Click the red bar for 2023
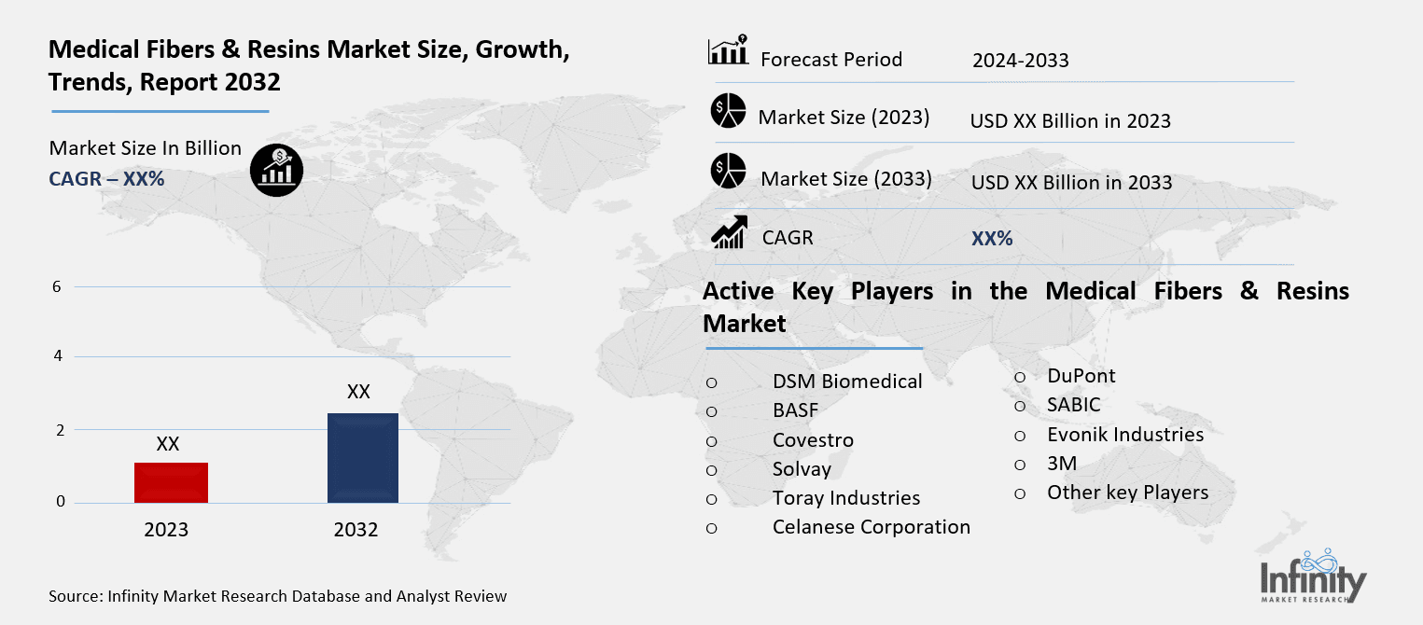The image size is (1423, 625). point(171,482)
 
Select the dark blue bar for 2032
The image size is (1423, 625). point(363,457)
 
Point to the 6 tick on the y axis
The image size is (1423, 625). point(57,286)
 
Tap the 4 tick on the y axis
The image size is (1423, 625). point(57,356)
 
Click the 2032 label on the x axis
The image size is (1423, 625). point(356,530)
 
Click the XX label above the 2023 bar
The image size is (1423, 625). point(168,444)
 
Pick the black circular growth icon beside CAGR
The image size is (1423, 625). point(276,169)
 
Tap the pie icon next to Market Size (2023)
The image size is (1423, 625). point(728,111)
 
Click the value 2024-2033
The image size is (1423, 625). point(1020,61)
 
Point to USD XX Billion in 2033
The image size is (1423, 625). point(1071,182)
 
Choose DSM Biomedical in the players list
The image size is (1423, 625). point(847,381)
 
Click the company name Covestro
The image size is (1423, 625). point(813,440)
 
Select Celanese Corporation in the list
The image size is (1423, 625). point(871,527)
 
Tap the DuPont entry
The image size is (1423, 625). point(1081,375)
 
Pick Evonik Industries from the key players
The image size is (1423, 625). point(1124,435)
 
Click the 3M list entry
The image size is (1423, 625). point(1062,464)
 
